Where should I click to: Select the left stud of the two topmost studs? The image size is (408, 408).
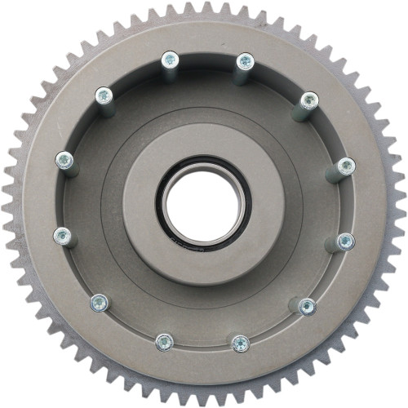tap(169, 60)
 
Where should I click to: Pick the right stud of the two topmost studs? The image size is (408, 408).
tap(244, 60)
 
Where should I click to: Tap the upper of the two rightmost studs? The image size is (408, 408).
tap(346, 166)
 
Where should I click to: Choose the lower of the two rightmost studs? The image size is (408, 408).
tap(346, 241)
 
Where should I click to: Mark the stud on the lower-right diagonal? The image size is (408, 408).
tap(307, 306)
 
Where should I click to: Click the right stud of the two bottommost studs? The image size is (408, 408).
tap(240, 343)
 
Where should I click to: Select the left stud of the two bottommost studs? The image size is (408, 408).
tap(164, 341)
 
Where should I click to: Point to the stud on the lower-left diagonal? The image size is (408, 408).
tap(99, 302)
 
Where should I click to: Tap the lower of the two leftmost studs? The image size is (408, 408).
tap(62, 237)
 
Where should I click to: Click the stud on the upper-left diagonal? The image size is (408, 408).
tap(104, 95)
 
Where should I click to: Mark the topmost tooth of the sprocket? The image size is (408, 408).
tap(204, 6)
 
